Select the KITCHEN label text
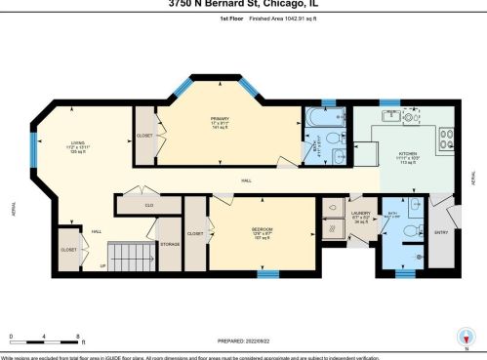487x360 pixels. pos(405,154)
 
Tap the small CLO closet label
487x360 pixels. pos(149,205)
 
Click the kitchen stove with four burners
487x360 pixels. pos(445,138)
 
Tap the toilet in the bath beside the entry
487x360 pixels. pos(416,204)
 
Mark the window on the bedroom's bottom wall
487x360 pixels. pos(264,274)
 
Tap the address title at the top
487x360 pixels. pos(243,4)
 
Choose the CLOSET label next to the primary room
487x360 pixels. pos(144,137)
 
